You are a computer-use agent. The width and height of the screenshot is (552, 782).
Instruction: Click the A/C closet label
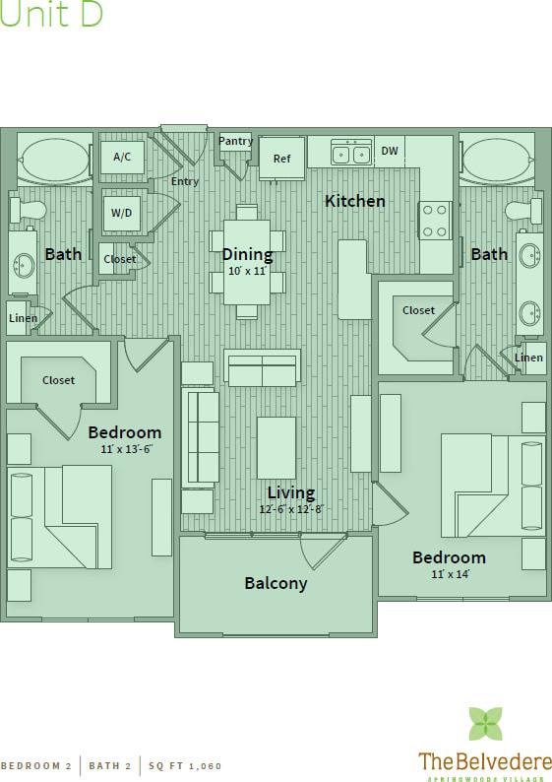tap(122, 157)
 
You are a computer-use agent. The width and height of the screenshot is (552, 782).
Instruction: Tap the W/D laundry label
tap(122, 212)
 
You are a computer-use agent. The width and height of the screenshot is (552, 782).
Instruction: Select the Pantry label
tap(235, 141)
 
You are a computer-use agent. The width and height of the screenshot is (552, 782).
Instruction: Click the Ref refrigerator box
tap(281, 158)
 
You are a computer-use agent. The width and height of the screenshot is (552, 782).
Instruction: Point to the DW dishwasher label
tap(390, 151)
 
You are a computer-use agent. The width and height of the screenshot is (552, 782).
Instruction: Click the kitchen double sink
tap(350, 153)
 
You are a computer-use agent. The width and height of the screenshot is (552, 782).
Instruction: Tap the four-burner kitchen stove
tap(435, 220)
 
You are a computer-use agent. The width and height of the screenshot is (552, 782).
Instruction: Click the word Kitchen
tap(355, 201)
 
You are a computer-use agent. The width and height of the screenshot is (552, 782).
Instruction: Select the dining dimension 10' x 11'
tap(247, 271)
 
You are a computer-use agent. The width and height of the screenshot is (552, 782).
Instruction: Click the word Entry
tap(185, 181)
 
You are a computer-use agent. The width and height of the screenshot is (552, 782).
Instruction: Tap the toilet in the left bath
tap(28, 209)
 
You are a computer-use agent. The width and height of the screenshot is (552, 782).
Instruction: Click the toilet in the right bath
tap(523, 210)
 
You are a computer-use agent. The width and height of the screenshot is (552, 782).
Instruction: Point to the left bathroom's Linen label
tap(24, 318)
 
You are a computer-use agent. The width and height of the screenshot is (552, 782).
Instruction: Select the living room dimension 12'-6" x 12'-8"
tap(291, 510)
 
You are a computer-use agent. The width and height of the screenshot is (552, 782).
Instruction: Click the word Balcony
tap(276, 583)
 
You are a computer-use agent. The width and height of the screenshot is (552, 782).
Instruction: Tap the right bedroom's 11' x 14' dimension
tap(449, 574)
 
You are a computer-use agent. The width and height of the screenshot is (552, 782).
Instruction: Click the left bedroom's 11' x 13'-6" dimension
tap(124, 448)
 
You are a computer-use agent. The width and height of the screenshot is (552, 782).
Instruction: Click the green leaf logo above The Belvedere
tap(484, 724)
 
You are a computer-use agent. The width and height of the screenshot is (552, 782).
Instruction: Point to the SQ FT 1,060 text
tap(186, 765)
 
